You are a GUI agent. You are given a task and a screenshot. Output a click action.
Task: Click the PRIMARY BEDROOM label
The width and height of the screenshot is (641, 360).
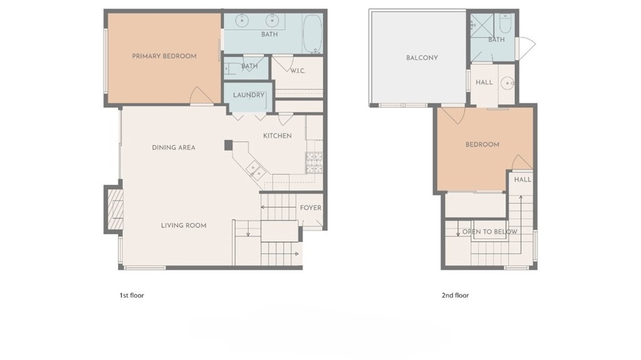point(165,56)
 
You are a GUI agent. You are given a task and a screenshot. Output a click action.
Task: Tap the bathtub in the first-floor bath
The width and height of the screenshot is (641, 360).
point(312,34)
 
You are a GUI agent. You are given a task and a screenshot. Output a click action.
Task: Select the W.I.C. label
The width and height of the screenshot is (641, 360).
point(297,71)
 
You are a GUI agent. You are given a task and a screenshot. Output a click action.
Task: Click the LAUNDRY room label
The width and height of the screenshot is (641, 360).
point(249,95)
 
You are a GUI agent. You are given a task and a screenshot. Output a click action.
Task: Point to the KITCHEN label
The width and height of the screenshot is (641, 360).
point(277,136)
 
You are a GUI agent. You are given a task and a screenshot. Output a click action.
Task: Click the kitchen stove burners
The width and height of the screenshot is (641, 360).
point(314,162)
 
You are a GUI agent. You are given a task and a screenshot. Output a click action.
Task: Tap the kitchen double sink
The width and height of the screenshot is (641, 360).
point(256,171)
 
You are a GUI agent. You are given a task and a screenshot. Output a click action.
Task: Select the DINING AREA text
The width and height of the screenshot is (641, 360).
point(173,148)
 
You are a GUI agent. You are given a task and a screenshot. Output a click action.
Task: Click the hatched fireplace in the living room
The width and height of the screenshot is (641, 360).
point(115,209)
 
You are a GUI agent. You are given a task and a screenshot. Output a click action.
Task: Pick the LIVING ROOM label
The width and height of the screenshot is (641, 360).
point(183,225)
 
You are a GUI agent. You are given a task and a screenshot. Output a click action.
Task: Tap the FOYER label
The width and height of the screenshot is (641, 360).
point(310,208)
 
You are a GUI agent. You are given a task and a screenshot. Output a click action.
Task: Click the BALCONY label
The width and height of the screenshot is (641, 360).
point(422,58)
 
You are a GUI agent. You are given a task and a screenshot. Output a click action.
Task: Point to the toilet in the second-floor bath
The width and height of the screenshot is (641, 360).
point(505,24)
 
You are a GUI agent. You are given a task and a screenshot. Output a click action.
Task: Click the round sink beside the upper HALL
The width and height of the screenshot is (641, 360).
point(507,83)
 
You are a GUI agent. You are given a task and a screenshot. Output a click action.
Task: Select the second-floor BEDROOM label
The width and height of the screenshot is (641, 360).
point(483,145)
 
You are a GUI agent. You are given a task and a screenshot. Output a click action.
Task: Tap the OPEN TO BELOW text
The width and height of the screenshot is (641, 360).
point(490,232)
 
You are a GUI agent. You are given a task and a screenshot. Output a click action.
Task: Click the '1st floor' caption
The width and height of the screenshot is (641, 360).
point(131,296)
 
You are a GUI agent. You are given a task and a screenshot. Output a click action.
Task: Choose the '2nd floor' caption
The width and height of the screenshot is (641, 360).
point(455,296)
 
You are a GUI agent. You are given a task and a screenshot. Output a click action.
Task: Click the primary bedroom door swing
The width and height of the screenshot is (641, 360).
point(201,96)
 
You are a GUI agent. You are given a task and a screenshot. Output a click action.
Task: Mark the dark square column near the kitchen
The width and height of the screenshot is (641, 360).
point(228,145)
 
